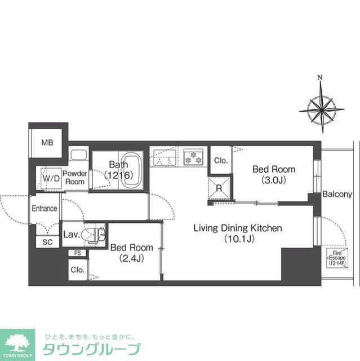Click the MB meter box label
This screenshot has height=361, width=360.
[47, 143]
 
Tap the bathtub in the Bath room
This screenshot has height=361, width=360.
[131, 170]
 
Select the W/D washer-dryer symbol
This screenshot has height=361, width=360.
[51, 178]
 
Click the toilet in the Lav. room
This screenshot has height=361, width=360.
[94, 235]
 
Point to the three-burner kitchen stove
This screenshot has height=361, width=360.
[194, 157]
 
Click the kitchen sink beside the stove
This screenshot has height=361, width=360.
[165, 158]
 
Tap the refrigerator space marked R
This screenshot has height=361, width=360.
[219, 188]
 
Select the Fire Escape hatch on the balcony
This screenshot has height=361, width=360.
[337, 258]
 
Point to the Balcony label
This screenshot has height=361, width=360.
[337, 194]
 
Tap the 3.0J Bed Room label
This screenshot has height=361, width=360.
[274, 174]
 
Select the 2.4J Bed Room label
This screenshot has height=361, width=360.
[132, 253]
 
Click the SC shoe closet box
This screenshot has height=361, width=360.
[47, 241]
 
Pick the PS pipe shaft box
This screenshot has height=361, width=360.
[78, 253]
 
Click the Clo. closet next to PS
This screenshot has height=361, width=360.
[78, 270]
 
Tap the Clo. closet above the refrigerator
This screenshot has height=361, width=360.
[220, 160]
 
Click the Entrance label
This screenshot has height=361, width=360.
[45, 208]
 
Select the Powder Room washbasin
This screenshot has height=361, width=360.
[79, 155]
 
